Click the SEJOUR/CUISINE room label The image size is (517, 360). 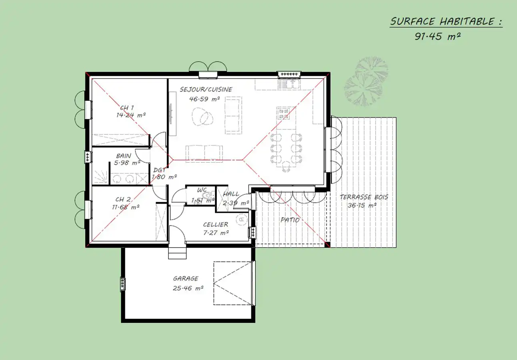[x=206, y=89]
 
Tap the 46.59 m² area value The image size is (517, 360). [x=204, y=99]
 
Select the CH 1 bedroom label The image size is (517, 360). [x=127, y=108]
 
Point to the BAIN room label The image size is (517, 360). [x=124, y=156]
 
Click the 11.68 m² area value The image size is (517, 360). [x=126, y=207]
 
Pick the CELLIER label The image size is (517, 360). [x=216, y=224]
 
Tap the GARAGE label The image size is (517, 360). [x=186, y=279]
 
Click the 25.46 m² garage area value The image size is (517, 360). [x=188, y=288]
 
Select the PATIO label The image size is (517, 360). [x=290, y=220]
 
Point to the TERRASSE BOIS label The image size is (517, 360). [x=364, y=197]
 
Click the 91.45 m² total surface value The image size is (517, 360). [x=438, y=36]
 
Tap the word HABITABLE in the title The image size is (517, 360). [x=467, y=22]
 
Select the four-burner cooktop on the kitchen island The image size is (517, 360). [x=284, y=114]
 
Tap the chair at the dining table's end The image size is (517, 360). [x=286, y=166]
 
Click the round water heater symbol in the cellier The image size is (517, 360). [x=242, y=220]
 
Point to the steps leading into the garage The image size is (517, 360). [x=177, y=253]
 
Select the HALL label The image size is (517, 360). [x=231, y=194]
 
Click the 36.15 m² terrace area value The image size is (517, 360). [x=362, y=205]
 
